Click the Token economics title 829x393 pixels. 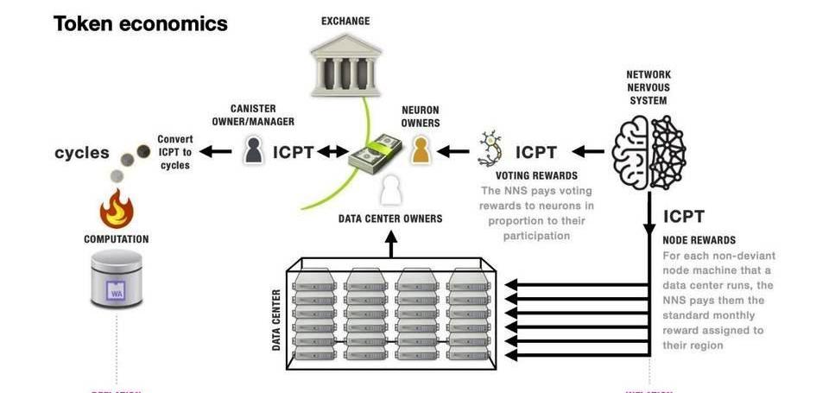tap(141, 23)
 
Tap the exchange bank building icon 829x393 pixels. tap(345, 68)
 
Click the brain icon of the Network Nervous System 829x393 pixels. tap(649, 151)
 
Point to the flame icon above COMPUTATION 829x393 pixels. tap(117, 208)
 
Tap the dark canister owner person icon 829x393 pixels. tap(253, 151)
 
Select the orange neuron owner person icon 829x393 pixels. tap(420, 151)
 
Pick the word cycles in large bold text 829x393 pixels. tap(82, 153)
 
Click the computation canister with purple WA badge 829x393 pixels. tap(117, 278)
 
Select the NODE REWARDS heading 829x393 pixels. tap(699, 239)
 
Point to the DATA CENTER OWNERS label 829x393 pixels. tap(390, 219)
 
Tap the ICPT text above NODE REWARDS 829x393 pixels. tap(684, 217)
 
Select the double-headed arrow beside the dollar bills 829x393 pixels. tap(331, 152)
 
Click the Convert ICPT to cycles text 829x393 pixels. tap(175, 152)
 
